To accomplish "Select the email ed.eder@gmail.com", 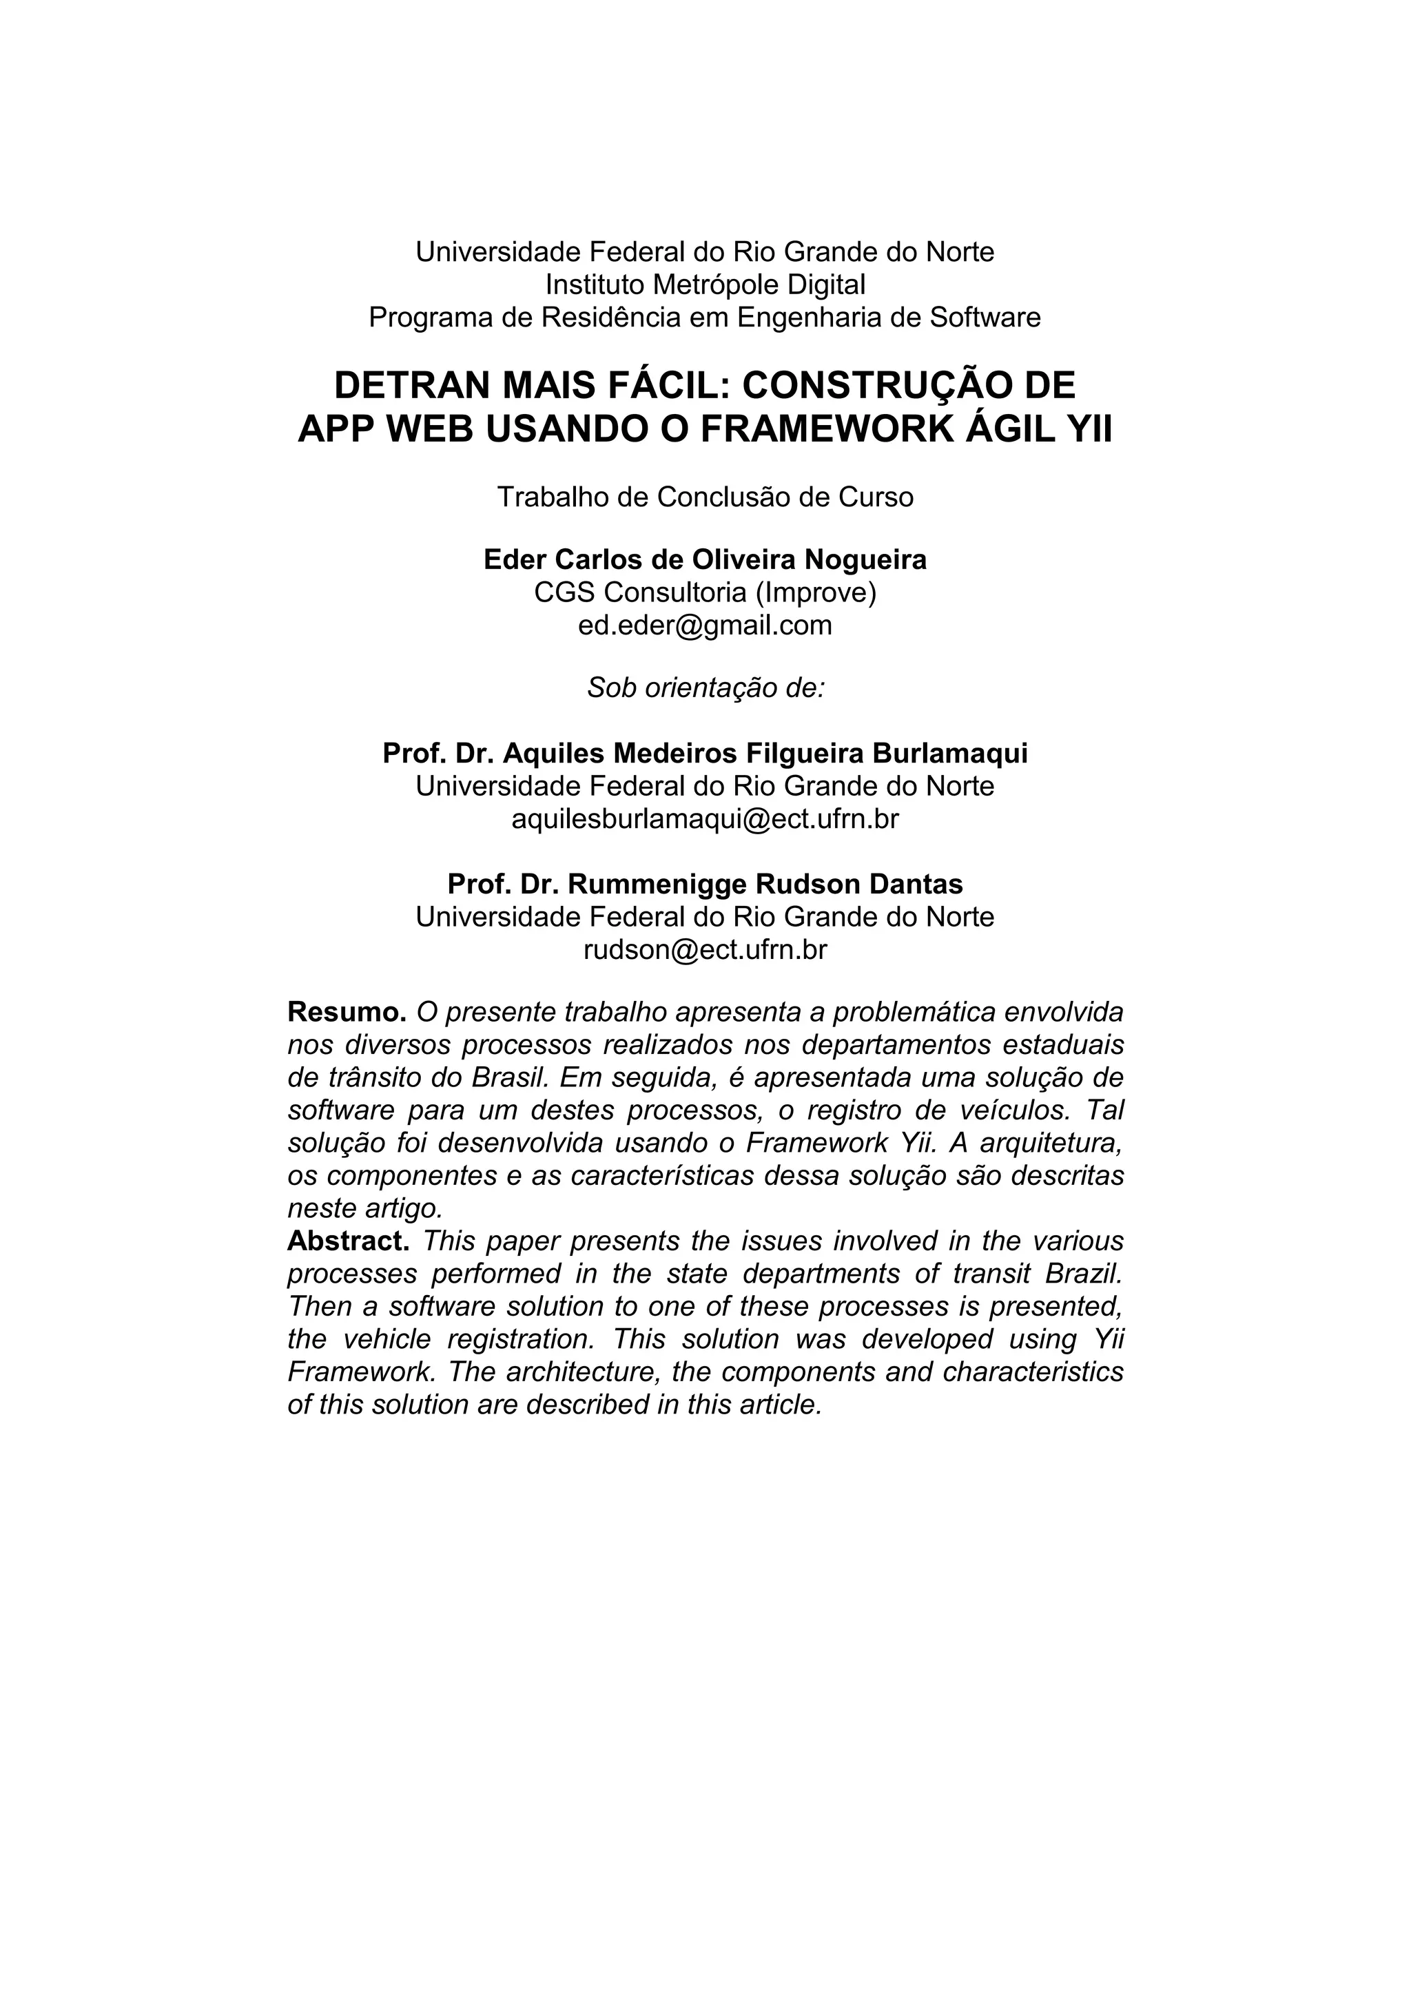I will pyautogui.click(x=705, y=625).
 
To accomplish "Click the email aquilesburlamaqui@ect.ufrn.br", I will pyautogui.click(x=705, y=819).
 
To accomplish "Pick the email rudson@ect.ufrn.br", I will pyautogui.click(x=705, y=950).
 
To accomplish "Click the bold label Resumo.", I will pyautogui.click(x=347, y=1012).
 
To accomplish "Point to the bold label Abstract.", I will pyautogui.click(x=347, y=1241).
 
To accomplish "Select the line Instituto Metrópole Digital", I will pyautogui.click(x=705, y=284).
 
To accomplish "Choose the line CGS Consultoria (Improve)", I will pyautogui.click(x=705, y=592).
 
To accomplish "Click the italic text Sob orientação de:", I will pyautogui.click(x=705, y=688).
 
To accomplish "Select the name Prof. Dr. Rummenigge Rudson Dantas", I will pyautogui.click(x=705, y=885).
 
